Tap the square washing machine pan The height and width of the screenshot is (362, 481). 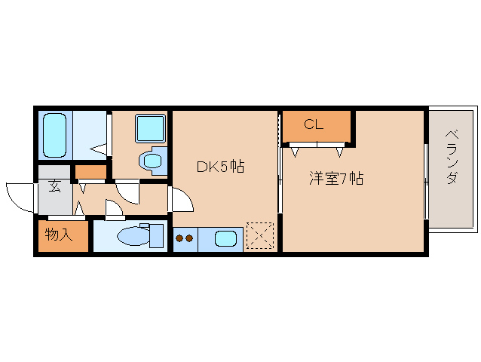[x=149, y=127]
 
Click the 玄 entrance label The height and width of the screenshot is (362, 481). [x=55, y=186]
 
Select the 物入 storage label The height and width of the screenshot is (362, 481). [x=58, y=235]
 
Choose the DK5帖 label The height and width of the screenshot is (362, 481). [x=219, y=167]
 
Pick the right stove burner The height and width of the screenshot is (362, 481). [x=190, y=239]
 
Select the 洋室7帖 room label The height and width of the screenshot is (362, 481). [x=336, y=179]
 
